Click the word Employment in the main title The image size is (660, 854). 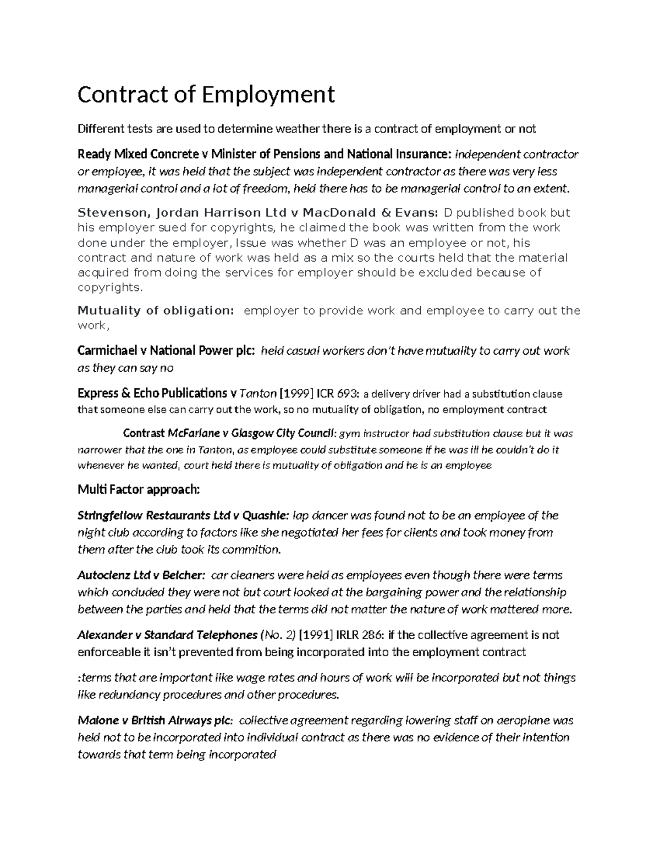[x=267, y=95]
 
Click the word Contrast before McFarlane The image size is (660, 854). [x=144, y=433]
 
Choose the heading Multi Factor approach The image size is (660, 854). [x=139, y=489]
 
